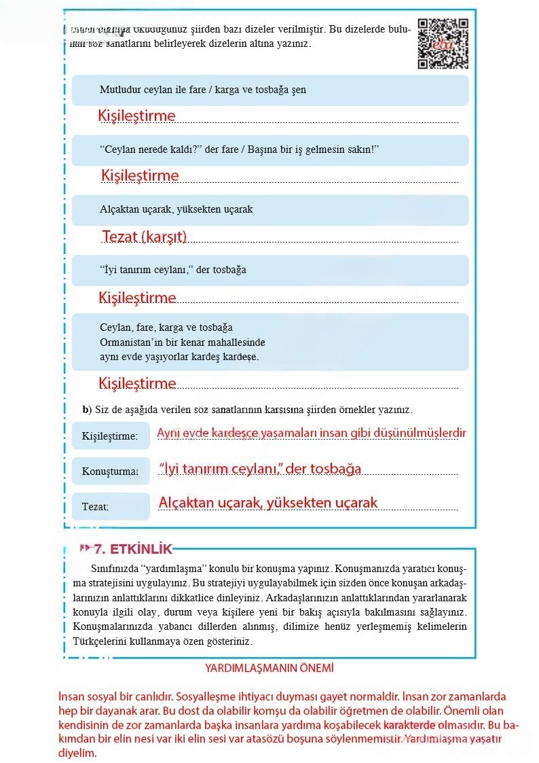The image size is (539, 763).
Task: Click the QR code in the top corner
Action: (x=443, y=43)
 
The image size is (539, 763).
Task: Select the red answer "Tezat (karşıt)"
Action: (x=144, y=237)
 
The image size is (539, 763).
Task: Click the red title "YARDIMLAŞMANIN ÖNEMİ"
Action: (x=269, y=668)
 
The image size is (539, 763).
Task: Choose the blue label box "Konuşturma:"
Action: (x=110, y=471)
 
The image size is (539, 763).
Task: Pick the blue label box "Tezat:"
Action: (x=110, y=506)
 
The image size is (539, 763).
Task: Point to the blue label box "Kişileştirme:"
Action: (x=110, y=436)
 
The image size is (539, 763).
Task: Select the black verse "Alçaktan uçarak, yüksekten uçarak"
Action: (x=176, y=209)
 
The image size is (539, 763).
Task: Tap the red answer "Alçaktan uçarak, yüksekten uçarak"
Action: (x=267, y=503)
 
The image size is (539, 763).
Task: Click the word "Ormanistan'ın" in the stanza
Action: (x=130, y=342)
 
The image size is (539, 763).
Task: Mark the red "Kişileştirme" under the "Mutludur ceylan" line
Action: (x=136, y=116)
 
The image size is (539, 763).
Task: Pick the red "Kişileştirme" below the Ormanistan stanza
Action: (x=137, y=384)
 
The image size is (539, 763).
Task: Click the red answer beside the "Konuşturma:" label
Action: (x=260, y=469)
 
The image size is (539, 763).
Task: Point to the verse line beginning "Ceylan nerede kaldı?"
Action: (x=238, y=149)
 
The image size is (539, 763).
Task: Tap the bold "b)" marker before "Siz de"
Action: (x=87, y=410)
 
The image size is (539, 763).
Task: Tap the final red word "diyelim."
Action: (x=78, y=753)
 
